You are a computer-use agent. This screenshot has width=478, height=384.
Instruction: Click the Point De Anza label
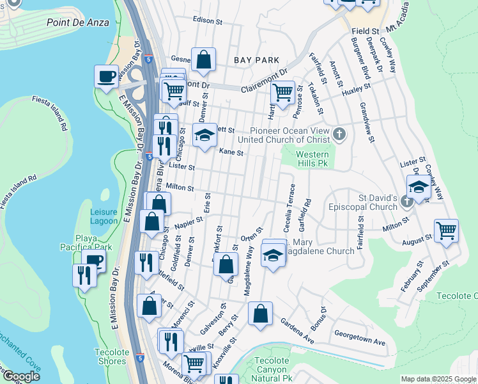78,22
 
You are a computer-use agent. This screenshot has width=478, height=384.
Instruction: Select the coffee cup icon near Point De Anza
106,76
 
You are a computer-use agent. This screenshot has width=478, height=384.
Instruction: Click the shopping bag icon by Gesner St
203,60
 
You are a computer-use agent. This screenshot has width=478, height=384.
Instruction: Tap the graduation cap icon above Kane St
205,135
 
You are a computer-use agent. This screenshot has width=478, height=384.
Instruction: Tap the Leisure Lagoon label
104,216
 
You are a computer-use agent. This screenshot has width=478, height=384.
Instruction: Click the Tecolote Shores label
111,356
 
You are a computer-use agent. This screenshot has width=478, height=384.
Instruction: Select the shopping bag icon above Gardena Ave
260,314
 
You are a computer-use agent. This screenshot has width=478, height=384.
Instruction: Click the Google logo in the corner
20,376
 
